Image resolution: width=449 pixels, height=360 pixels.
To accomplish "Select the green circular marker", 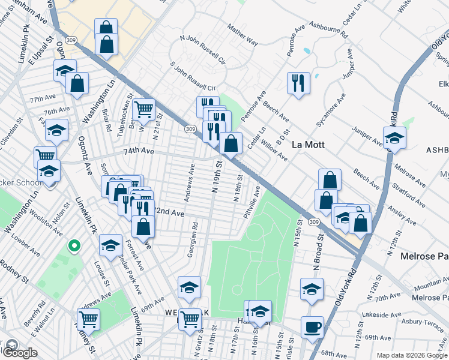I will pyautogui.click(x=74, y=245).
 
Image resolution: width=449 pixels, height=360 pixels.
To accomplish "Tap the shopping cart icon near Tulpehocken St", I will pyautogui.click(x=143, y=110).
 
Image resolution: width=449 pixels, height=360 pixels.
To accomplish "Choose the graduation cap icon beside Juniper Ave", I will pyautogui.click(x=394, y=137).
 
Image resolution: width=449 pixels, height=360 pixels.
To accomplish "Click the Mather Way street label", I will pyautogui.click(x=243, y=35).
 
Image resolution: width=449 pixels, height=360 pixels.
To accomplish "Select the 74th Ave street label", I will pyautogui.click(x=139, y=152).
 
